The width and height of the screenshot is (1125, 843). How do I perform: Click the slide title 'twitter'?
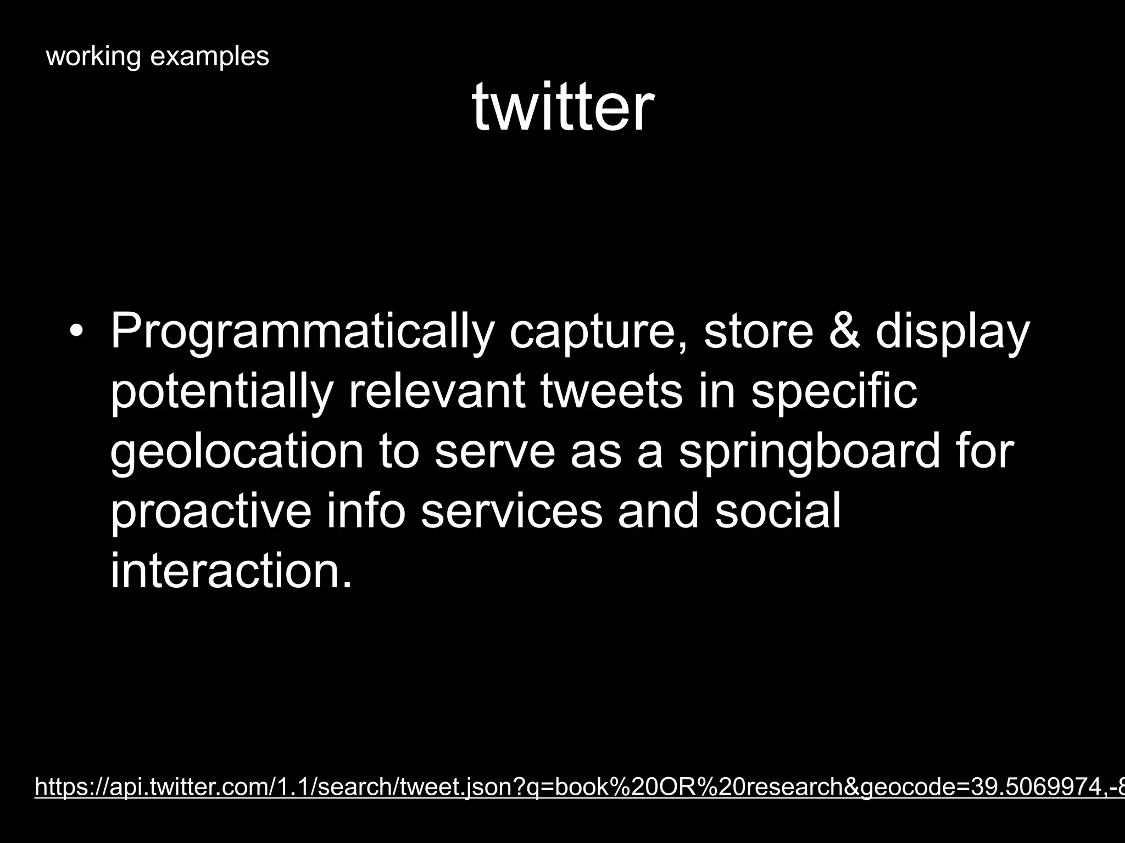tap(562, 107)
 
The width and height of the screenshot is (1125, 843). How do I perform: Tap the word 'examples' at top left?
tap(210, 57)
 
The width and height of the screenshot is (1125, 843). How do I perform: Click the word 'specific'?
tap(834, 393)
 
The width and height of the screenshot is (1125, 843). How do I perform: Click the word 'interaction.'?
tap(231, 571)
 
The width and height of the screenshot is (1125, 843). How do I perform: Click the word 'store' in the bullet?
tap(758, 331)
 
